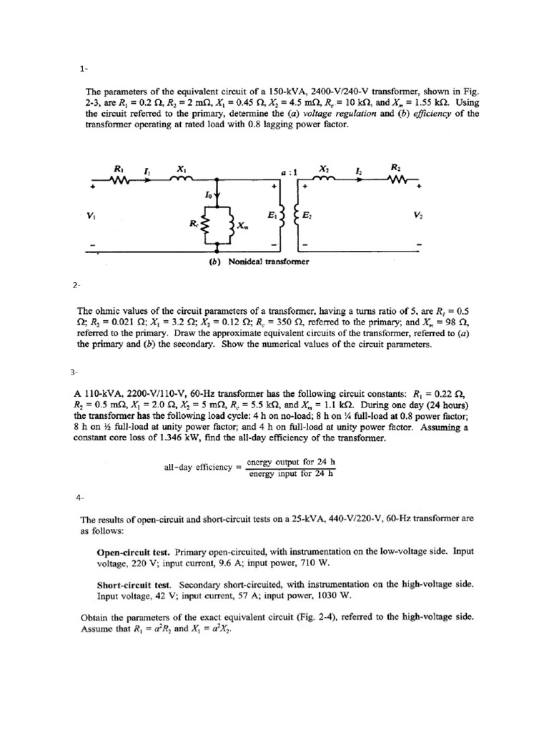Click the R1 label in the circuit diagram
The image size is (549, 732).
coord(116,168)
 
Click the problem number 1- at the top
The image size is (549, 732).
coord(84,69)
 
